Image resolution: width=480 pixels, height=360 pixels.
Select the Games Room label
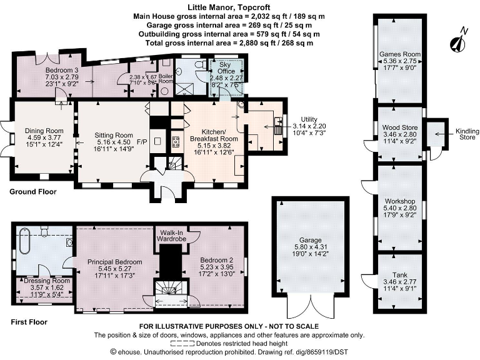coord(399,54)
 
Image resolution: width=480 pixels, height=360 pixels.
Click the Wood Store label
coord(399,127)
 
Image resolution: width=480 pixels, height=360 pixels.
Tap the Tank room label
coord(399,275)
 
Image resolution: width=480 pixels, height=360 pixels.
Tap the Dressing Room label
coord(43,281)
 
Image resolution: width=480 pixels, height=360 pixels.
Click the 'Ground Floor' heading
coord(32,192)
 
